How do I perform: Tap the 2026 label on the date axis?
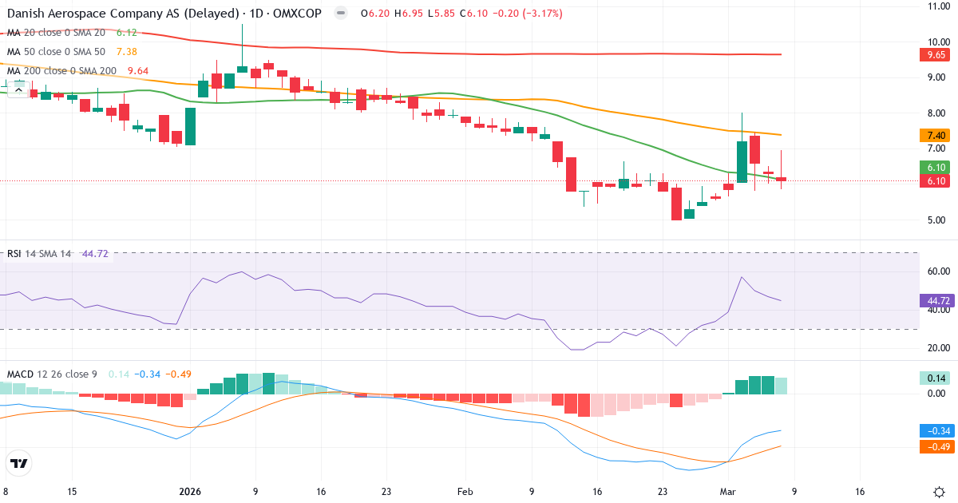pyautogui.click(x=190, y=492)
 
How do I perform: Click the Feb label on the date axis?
pyautogui.click(x=465, y=492)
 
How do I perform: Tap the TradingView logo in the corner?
pyautogui.click(x=19, y=463)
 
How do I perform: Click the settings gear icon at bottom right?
pyautogui.click(x=939, y=492)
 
